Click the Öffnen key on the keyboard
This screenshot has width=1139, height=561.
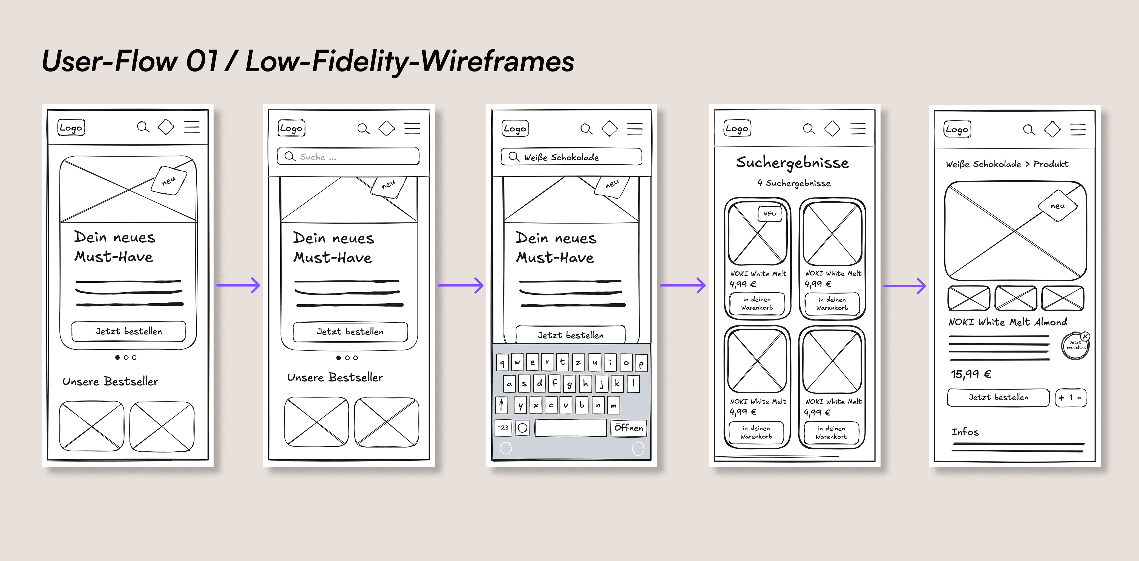[628, 428]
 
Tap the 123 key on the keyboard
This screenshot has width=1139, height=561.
[503, 427]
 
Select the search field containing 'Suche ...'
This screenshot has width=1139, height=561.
[348, 157]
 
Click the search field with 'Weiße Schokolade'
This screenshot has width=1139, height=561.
[571, 157]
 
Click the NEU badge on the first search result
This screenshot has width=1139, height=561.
[770, 214]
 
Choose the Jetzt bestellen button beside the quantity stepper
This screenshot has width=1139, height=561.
[998, 397]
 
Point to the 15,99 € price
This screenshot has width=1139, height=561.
[971, 374]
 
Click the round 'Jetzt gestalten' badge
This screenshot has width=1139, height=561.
[1075, 345]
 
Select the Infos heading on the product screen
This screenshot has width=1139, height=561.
[965, 432]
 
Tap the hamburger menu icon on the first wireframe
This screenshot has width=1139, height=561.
[192, 127]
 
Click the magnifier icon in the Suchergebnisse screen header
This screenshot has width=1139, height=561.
[809, 129]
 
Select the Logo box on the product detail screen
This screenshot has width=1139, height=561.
[957, 130]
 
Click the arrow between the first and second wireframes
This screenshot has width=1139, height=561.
[238, 285]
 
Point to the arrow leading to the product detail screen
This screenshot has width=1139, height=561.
[904, 286]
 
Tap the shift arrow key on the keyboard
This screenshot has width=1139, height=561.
[501, 405]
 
